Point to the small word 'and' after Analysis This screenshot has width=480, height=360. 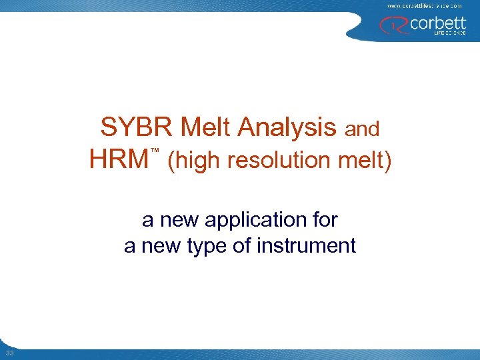(361, 129)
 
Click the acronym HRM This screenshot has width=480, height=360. (119, 159)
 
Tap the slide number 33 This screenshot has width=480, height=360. (9, 353)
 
